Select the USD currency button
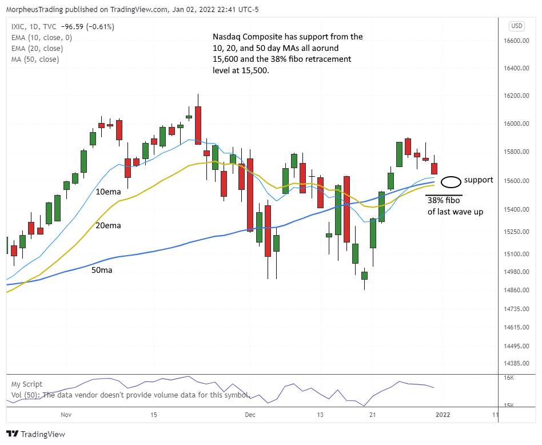tap(517, 26)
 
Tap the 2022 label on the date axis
tap(442, 414)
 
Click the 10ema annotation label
tap(109, 192)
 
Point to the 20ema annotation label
tap(109, 225)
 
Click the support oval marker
tap(452, 182)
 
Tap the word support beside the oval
tap(479, 180)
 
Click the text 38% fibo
tap(444, 201)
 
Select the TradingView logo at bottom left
tap(35, 434)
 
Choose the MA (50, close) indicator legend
tap(35, 59)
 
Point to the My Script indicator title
tap(27, 384)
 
